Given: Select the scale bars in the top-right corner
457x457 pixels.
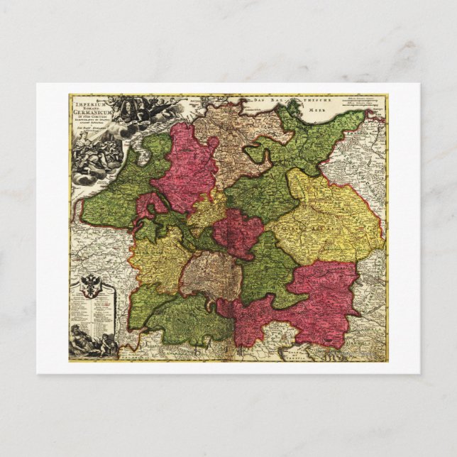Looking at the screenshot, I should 365,101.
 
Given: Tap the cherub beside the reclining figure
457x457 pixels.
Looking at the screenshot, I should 106,346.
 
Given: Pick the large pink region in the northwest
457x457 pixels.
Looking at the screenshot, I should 186,167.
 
